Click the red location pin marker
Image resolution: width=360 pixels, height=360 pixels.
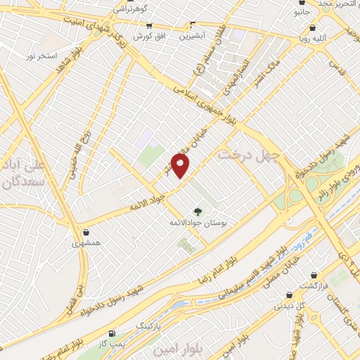tap(181, 165)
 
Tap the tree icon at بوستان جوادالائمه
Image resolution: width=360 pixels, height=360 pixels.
tap(198, 210)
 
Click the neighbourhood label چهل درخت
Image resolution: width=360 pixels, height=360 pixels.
tap(249, 154)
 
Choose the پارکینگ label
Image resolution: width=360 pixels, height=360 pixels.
tap(148, 326)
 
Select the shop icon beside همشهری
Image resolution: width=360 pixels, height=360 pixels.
tap(86, 232)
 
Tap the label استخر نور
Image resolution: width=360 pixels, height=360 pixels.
tap(41, 55)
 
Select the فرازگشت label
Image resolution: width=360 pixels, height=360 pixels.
tap(314, 285)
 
